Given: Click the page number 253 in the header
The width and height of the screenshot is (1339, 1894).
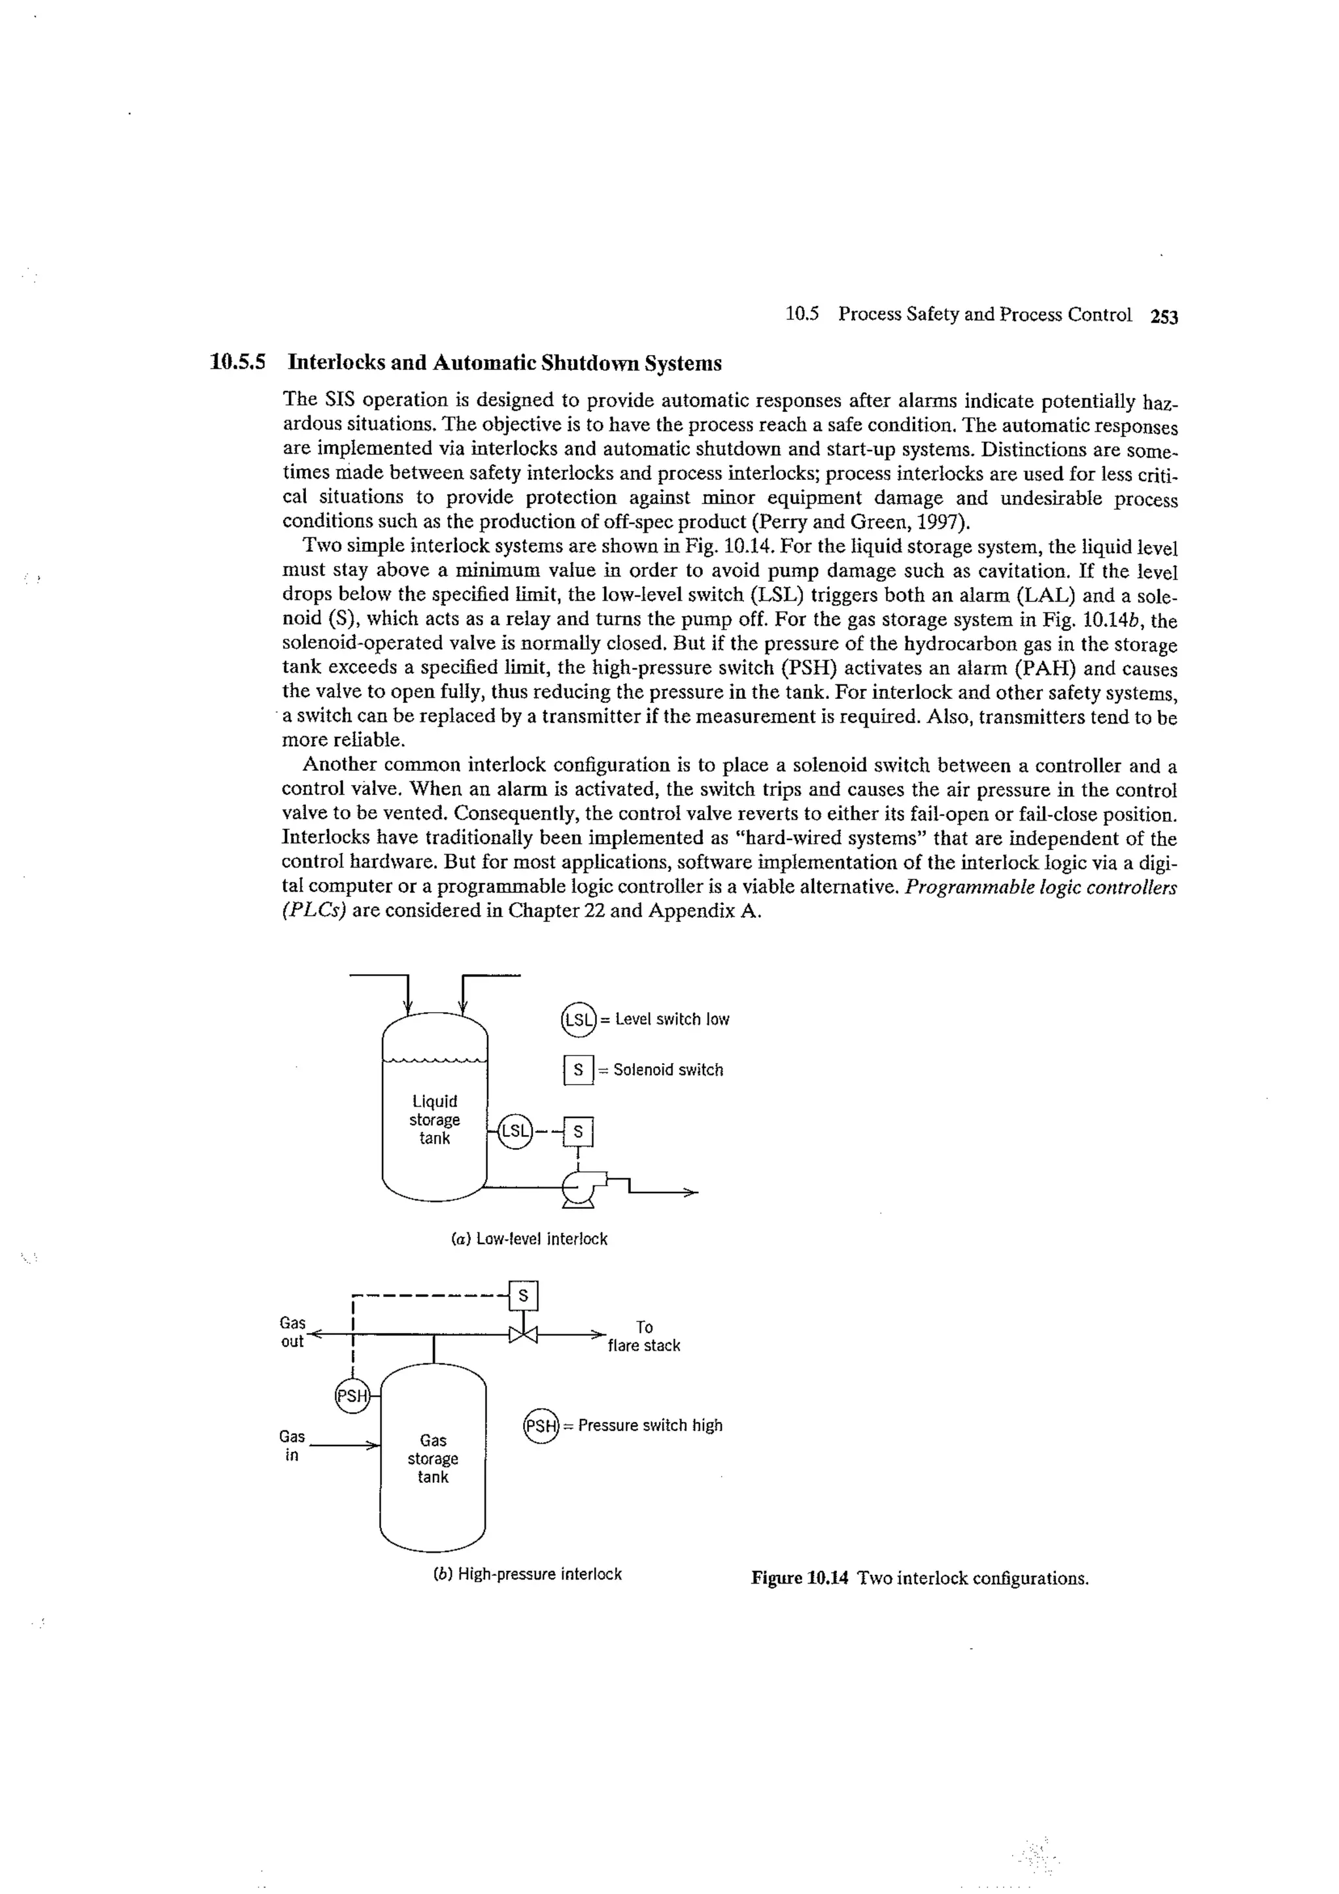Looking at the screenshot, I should (x=1163, y=316).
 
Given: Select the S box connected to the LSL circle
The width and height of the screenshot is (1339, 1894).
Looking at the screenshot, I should (x=577, y=1132).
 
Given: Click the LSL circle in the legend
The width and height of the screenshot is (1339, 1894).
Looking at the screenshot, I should (x=577, y=1020).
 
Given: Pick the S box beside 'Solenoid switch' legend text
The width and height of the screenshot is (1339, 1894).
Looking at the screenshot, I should (x=579, y=1070).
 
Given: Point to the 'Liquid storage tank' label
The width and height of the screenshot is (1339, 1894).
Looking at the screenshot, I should (x=435, y=1119).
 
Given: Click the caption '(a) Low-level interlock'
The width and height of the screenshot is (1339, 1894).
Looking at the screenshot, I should (x=529, y=1239).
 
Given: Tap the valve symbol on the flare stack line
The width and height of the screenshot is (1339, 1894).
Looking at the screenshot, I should (x=523, y=1334).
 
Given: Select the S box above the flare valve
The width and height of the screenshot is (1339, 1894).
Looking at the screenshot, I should (x=523, y=1296).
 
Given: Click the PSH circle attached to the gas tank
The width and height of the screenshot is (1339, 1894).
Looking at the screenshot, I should (x=352, y=1396).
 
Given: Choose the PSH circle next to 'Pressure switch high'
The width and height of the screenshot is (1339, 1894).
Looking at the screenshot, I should (x=541, y=1425).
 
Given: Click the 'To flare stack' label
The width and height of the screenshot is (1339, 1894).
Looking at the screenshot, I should (x=645, y=1336).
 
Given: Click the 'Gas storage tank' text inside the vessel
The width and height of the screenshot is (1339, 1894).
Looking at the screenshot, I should (x=433, y=1459).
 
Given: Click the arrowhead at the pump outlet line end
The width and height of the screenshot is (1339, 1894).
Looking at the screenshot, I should (x=691, y=1192).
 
